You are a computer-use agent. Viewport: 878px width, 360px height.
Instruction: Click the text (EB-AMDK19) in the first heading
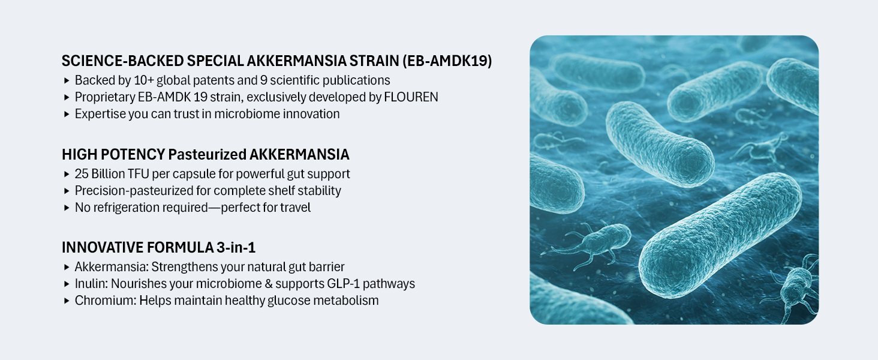coord(447,61)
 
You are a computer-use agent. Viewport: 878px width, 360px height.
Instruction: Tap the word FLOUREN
coord(411,97)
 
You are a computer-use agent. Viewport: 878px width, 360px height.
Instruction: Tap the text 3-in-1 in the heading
coord(236,247)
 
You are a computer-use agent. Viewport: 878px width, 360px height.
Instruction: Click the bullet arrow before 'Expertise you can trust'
coord(66,114)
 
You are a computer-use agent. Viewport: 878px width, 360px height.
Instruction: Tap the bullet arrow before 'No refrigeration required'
coord(66,208)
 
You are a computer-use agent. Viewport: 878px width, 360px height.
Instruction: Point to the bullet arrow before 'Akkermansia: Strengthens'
coord(66,267)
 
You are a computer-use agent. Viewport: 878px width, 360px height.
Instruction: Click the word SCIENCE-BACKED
coord(123,61)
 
